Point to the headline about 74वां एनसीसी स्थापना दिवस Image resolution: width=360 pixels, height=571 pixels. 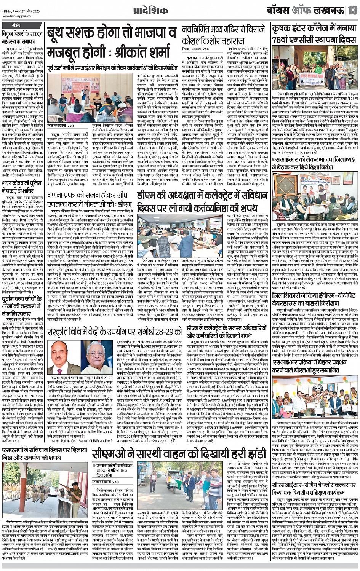314,35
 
